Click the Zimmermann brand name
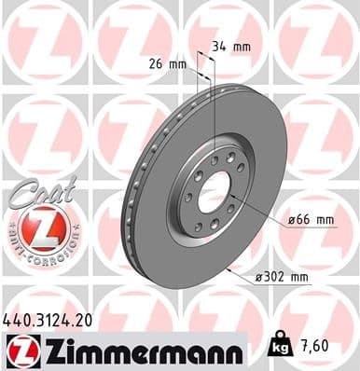click(139, 350)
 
